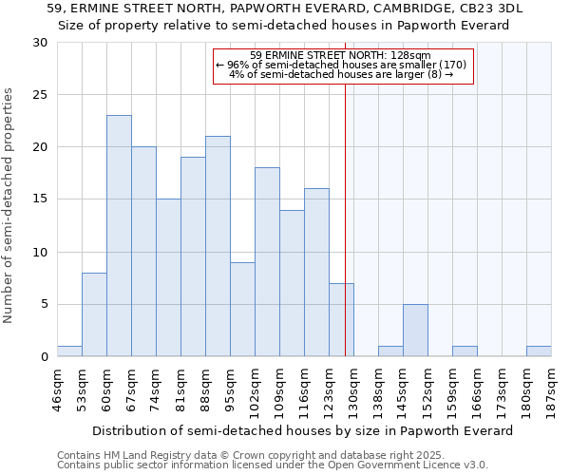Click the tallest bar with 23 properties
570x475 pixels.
click(119, 236)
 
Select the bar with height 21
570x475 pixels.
click(218, 246)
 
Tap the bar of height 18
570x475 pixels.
click(267, 261)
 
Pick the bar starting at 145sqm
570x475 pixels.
click(415, 330)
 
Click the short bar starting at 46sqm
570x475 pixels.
click(69, 351)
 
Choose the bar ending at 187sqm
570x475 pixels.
click(539, 351)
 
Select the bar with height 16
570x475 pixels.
click(316, 272)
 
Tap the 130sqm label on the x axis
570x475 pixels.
click(352, 390)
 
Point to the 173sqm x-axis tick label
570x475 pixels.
click(501, 390)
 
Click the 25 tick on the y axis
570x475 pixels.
click(41, 95)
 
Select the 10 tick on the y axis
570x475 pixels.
click(41, 252)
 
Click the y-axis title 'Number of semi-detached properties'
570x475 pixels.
click(9, 206)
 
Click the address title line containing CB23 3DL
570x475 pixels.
click(285, 9)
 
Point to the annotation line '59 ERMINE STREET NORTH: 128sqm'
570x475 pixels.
click(341, 55)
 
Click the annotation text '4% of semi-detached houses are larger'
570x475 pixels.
click(341, 74)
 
